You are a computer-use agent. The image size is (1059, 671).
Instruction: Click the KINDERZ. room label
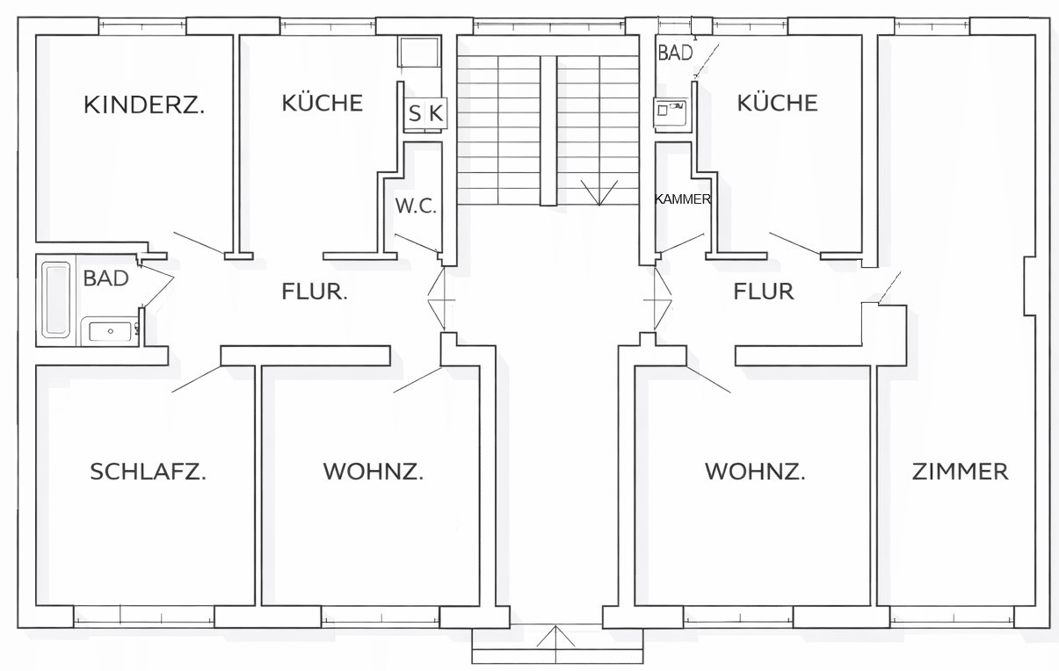tap(144, 105)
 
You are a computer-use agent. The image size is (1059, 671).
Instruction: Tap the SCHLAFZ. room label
tap(148, 472)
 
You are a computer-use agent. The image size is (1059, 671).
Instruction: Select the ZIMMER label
tap(961, 472)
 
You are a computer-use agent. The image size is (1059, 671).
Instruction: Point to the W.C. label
tap(416, 206)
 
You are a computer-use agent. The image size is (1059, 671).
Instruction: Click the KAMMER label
tap(683, 199)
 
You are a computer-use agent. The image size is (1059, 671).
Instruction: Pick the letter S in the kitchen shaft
tap(415, 114)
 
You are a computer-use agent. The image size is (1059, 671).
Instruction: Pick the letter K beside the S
tap(436, 114)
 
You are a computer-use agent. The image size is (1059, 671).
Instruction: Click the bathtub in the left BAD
tap(56, 300)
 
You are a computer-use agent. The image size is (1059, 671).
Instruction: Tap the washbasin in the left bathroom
tap(110, 331)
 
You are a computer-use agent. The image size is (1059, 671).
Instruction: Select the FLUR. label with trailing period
tap(315, 292)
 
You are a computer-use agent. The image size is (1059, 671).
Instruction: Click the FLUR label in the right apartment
tap(764, 292)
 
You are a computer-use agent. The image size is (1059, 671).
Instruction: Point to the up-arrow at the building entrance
tap(555, 636)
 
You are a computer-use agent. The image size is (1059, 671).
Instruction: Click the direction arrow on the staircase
tap(599, 193)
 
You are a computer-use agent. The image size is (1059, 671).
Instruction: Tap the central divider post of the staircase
tap(548, 130)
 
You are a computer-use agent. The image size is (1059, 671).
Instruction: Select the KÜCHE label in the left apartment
tap(322, 103)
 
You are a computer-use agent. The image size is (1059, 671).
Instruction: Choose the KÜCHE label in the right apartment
tap(778, 103)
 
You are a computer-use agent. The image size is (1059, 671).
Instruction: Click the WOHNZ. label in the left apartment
tap(373, 472)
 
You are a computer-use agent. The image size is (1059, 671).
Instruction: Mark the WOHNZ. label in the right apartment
tap(755, 472)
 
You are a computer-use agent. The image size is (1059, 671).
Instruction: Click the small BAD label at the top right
tap(676, 53)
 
